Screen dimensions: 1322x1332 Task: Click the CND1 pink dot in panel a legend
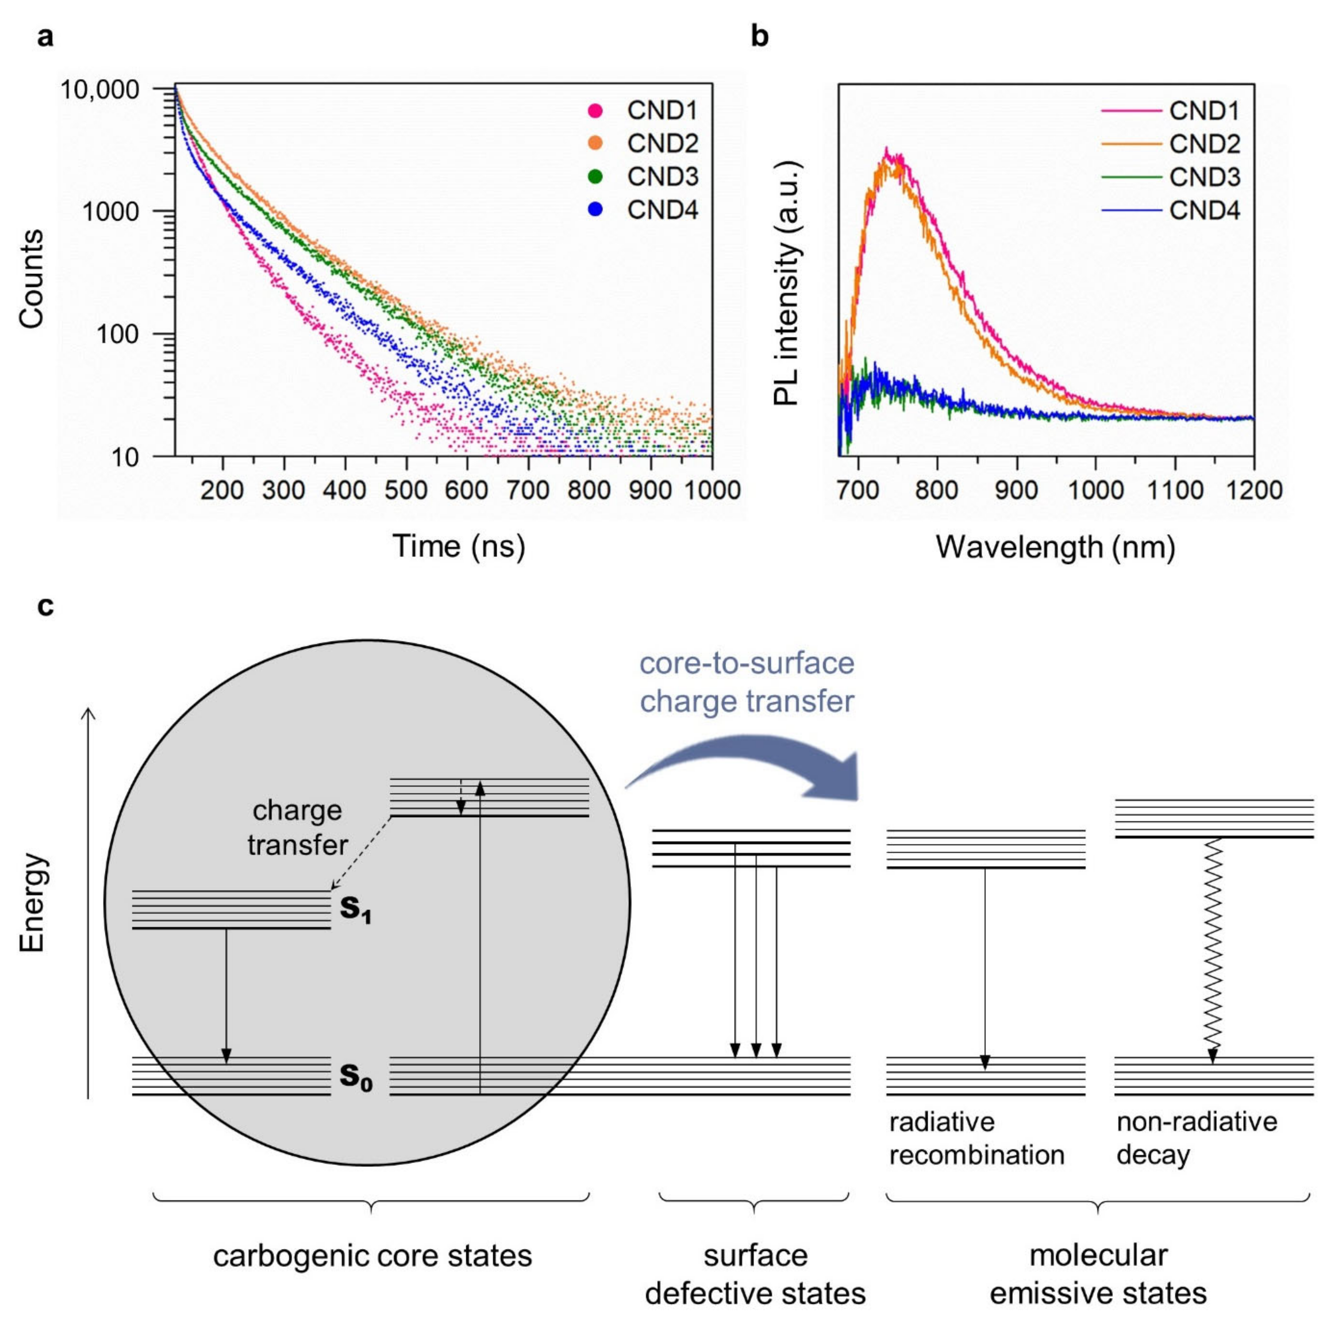(x=595, y=111)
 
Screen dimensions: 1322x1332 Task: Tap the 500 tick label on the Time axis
(x=406, y=490)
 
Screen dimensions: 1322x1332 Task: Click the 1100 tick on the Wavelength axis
(x=1175, y=490)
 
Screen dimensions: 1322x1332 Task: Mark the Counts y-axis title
(x=31, y=279)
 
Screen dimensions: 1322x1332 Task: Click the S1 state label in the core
(x=355, y=910)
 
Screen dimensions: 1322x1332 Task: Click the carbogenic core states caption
(x=372, y=1255)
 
